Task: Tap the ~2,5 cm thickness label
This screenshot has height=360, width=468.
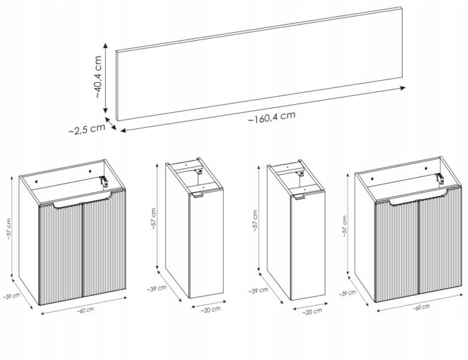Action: [87, 129]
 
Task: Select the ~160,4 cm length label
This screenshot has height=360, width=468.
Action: [271, 117]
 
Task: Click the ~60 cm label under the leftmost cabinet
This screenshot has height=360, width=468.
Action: [86, 310]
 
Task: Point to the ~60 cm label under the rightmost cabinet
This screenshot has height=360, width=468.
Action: [421, 307]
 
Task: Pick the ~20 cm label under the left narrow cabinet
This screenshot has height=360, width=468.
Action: [211, 310]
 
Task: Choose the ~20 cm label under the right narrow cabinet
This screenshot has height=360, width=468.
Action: [312, 311]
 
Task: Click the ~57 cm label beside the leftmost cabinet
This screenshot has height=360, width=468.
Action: [8, 229]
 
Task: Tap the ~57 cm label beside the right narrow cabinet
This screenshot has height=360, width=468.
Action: [255, 221]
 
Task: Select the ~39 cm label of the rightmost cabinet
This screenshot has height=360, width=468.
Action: [347, 293]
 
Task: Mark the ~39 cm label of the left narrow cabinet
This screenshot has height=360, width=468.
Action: [156, 289]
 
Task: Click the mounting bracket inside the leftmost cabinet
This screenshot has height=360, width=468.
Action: [104, 182]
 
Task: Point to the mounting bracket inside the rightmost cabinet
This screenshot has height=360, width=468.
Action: [440, 178]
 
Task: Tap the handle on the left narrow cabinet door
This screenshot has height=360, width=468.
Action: [198, 195]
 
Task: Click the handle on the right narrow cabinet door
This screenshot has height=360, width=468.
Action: [300, 196]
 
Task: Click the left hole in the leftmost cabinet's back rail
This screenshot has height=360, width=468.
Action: [36, 182]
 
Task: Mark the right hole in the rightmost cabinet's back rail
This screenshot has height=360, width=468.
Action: [427, 168]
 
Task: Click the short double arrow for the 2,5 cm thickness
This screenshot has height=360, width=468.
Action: [111, 124]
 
